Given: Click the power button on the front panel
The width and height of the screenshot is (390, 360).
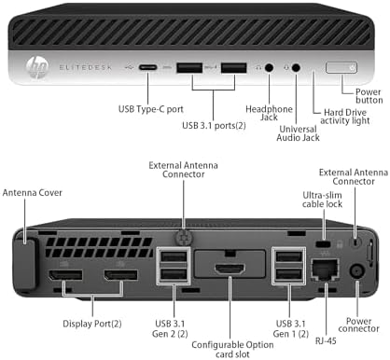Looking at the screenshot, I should pos(344,67).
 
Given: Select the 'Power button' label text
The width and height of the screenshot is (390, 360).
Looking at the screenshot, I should pos(363,96).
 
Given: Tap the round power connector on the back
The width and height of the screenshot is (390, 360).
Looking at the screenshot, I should pos(355,272).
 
